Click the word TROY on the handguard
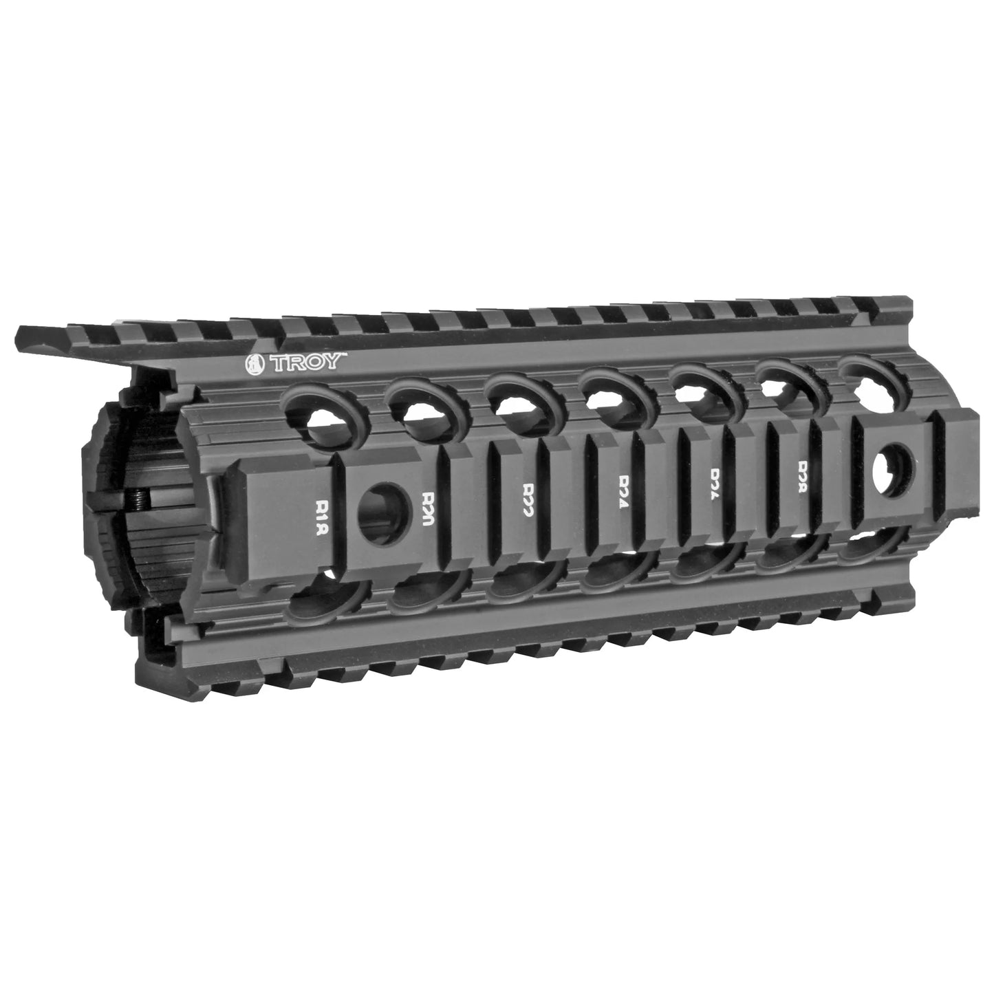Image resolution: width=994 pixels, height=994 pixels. click(307, 363)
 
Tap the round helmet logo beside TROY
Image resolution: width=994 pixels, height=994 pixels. click(257, 364)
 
